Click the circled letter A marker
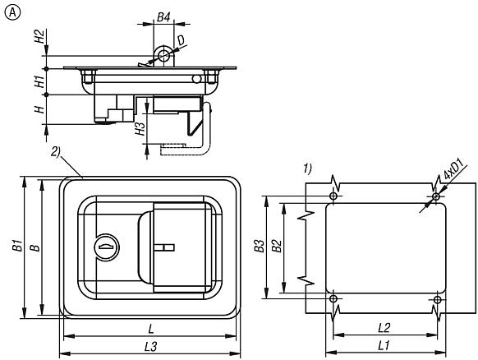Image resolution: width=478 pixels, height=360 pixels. click(x=12, y=12)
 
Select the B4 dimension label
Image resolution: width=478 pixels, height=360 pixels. click(x=163, y=17)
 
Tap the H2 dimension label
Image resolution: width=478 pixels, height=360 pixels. click(x=39, y=36)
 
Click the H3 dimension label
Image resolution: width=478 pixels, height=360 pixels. click(x=140, y=128)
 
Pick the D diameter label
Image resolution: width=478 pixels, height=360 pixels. click(x=181, y=40)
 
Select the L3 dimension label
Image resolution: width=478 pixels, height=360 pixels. click(x=150, y=347)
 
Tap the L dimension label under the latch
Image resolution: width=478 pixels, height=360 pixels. click(x=150, y=330)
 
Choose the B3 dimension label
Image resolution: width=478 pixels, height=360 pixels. click(x=260, y=246)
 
